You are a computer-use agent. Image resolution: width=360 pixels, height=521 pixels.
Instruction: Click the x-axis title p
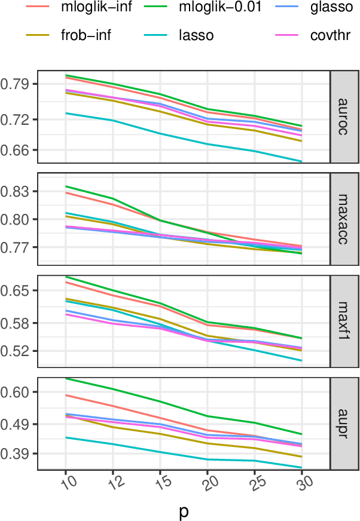pyautogui.click(x=184, y=511)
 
